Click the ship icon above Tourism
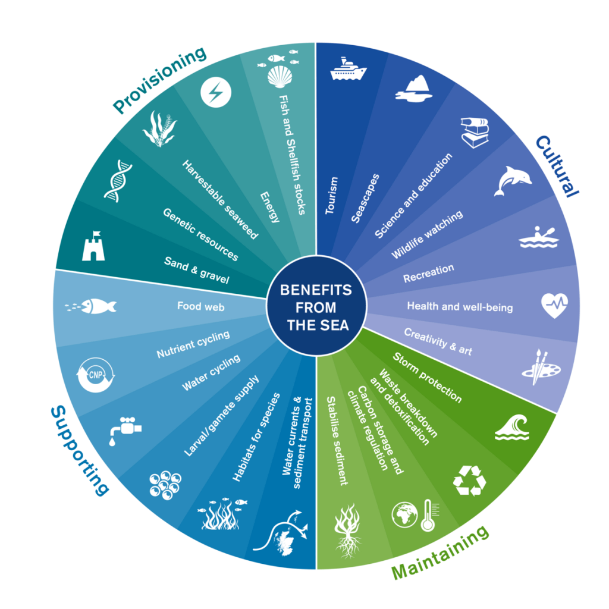coord(348,70)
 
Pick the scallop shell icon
coord(279,76)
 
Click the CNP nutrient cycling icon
coord(95,375)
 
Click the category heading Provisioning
coord(160,80)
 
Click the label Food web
coord(200,307)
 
